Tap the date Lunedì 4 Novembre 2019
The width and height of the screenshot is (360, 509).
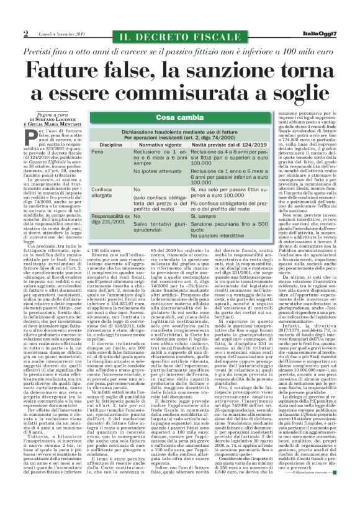point(60,34)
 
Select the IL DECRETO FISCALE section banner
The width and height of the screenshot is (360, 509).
point(179,33)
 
